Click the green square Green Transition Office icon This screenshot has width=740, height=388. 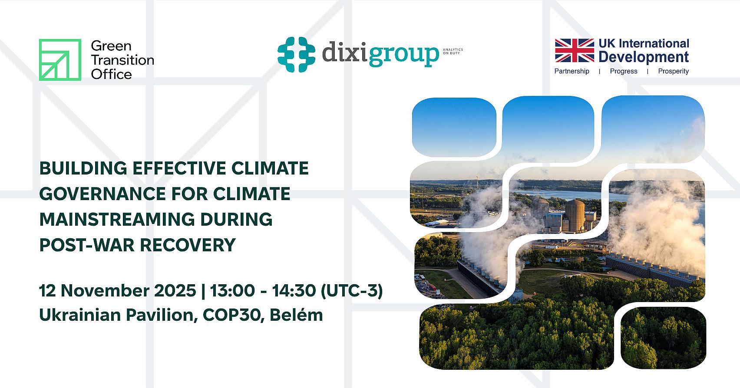60,60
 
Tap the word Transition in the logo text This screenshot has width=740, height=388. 122,60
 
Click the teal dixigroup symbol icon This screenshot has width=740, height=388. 296,55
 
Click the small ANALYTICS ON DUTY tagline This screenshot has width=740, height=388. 453,51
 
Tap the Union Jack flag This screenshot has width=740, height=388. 574,50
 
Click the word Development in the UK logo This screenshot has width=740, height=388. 644,57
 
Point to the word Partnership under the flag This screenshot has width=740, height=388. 572,71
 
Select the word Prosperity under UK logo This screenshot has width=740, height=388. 673,71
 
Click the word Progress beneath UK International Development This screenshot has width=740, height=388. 623,71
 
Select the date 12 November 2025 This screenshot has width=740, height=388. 117,290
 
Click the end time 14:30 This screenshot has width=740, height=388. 293,290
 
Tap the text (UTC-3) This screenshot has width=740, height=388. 351,290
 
